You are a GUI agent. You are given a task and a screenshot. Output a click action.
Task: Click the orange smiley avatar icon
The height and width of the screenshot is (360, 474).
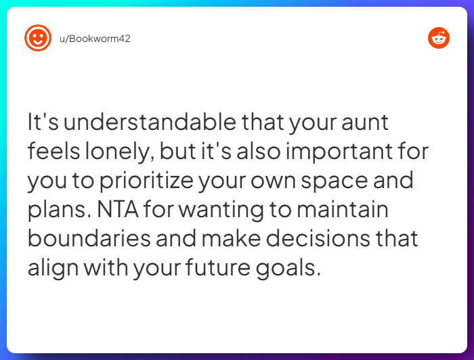point(38,38)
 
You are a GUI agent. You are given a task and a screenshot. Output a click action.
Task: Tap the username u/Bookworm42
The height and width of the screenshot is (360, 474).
point(93,39)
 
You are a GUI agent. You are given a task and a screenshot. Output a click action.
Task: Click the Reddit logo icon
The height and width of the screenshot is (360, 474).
point(438,38)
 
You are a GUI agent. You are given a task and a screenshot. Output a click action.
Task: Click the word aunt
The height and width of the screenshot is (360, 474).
point(371,123)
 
